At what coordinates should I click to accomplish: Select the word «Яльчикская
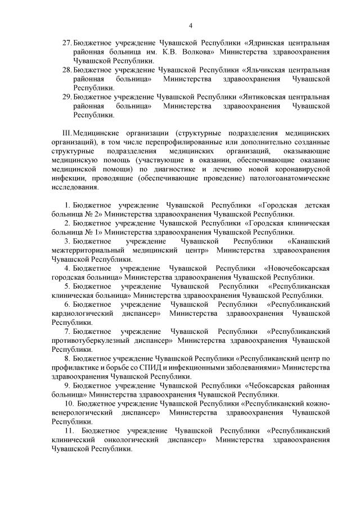pyautogui.click(x=267, y=70)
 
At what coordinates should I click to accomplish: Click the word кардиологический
pyautogui.click(x=84, y=313)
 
